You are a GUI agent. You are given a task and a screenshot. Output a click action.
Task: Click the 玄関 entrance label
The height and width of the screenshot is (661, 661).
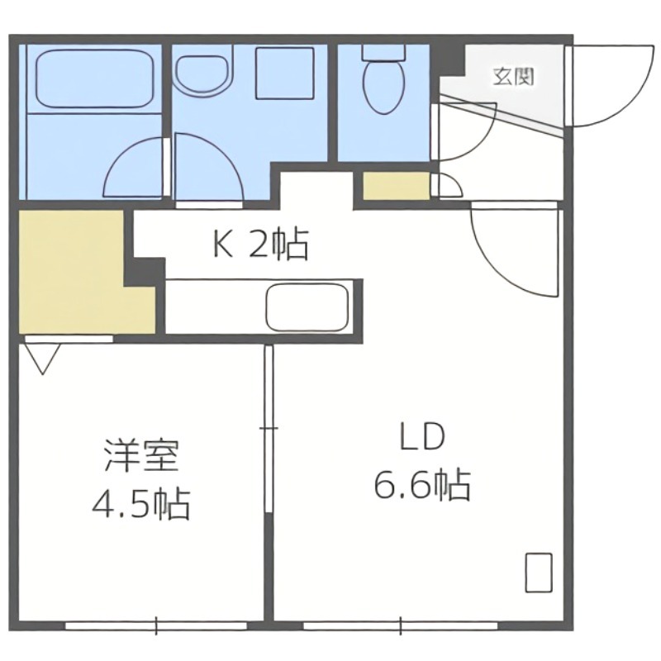(512, 78)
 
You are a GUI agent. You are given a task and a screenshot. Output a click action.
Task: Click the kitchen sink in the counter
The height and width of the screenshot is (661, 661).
(307, 307)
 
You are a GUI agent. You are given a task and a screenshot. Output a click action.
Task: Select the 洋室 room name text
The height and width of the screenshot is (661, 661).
(141, 457)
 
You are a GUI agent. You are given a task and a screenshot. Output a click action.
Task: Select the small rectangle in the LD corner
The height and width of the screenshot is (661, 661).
(539, 572)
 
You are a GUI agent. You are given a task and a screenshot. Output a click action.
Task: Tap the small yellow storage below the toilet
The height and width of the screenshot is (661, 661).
(396, 186)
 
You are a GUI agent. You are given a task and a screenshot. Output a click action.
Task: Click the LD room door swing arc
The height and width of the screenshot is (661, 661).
(512, 248)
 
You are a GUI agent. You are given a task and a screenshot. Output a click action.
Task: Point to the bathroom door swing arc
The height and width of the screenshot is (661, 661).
(136, 169)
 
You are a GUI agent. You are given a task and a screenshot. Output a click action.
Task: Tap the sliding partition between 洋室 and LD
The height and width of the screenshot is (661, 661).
(269, 430)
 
